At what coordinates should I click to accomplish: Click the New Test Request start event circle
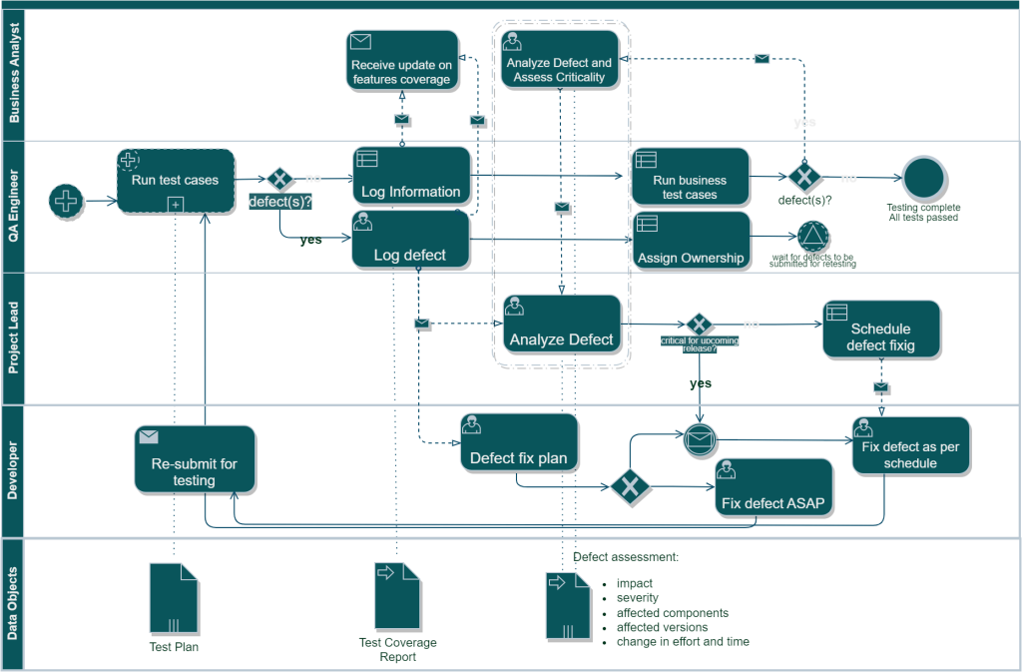click(66, 201)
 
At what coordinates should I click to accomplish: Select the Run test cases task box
click(176, 180)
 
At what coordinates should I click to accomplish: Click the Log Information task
click(410, 176)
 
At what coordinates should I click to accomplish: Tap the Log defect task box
click(410, 239)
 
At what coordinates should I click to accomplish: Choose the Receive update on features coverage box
click(401, 58)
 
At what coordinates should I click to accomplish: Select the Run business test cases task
click(690, 177)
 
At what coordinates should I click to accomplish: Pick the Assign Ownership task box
click(690, 240)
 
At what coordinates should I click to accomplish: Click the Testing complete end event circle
click(923, 177)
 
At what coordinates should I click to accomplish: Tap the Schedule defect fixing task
click(880, 329)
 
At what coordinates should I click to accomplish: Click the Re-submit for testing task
click(195, 458)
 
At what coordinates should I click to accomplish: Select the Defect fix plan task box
click(518, 442)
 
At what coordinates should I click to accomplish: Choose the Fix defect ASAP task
click(772, 487)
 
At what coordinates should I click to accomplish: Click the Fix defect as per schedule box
click(909, 445)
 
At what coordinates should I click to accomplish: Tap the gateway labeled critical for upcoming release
click(699, 325)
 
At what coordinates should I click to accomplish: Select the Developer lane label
click(13, 469)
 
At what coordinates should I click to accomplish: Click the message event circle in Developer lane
click(700, 438)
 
